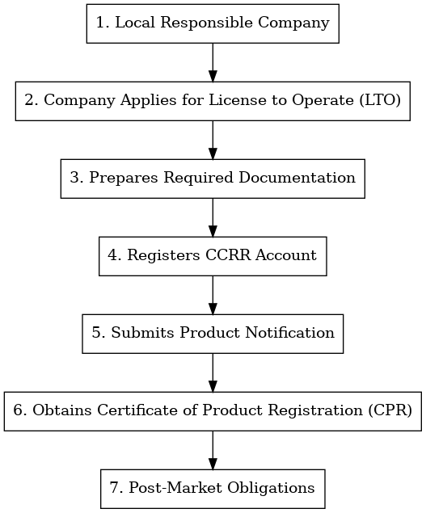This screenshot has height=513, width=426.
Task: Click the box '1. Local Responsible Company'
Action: tap(213, 23)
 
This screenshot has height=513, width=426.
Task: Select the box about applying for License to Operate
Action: tap(213, 100)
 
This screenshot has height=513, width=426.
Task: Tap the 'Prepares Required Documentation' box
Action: tap(213, 178)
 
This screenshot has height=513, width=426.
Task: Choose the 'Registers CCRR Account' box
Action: tap(213, 255)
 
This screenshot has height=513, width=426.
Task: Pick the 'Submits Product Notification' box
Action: tap(213, 333)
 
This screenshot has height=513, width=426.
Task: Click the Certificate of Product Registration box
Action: tap(213, 410)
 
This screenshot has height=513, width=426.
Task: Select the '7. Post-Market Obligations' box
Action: tap(213, 488)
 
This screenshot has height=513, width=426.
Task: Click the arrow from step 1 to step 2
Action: tap(213, 61)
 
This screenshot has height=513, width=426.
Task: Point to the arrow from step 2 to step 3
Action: tap(213, 139)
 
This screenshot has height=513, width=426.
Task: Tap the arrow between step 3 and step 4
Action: tap(213, 217)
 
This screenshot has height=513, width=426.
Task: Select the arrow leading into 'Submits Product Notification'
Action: tap(213, 294)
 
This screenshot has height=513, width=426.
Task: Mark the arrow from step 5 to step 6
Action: tap(213, 372)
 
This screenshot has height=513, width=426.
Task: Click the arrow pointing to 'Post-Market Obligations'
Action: tap(213, 449)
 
